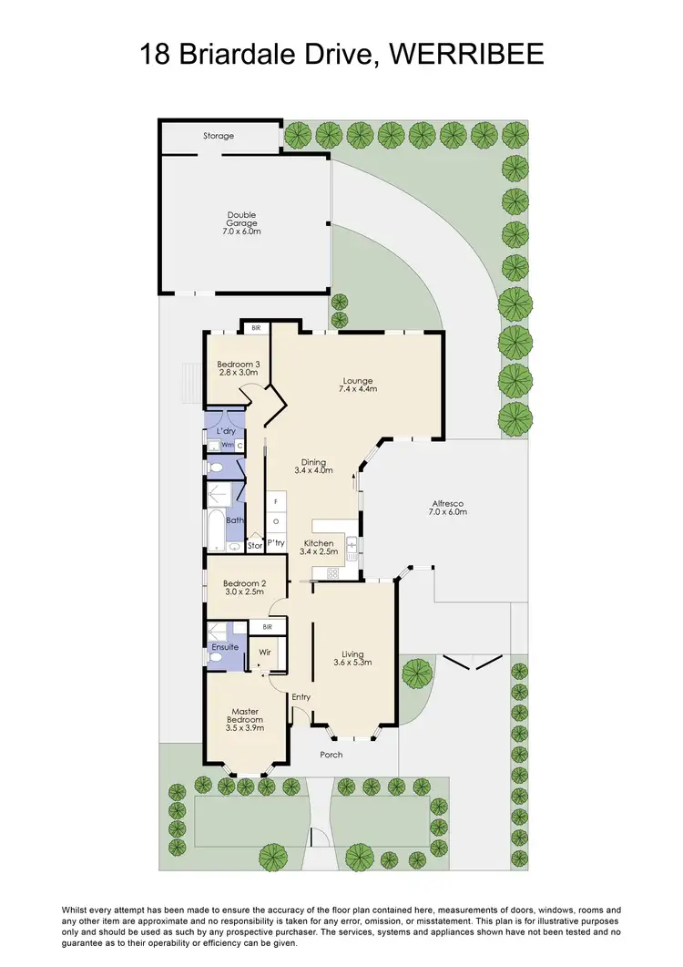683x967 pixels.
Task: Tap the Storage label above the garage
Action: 219,136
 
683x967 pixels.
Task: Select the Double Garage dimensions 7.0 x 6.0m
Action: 242,231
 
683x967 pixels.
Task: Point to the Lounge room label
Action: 358,380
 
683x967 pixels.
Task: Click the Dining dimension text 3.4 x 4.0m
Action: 314,470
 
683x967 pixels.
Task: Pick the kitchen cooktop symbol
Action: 332,573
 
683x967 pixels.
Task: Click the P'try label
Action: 276,543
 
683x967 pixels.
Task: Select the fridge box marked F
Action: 276,502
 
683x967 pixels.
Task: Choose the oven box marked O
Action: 276,521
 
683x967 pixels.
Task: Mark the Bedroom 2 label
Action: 244,583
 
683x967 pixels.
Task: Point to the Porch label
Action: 331,755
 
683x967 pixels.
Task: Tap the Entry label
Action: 301,697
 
